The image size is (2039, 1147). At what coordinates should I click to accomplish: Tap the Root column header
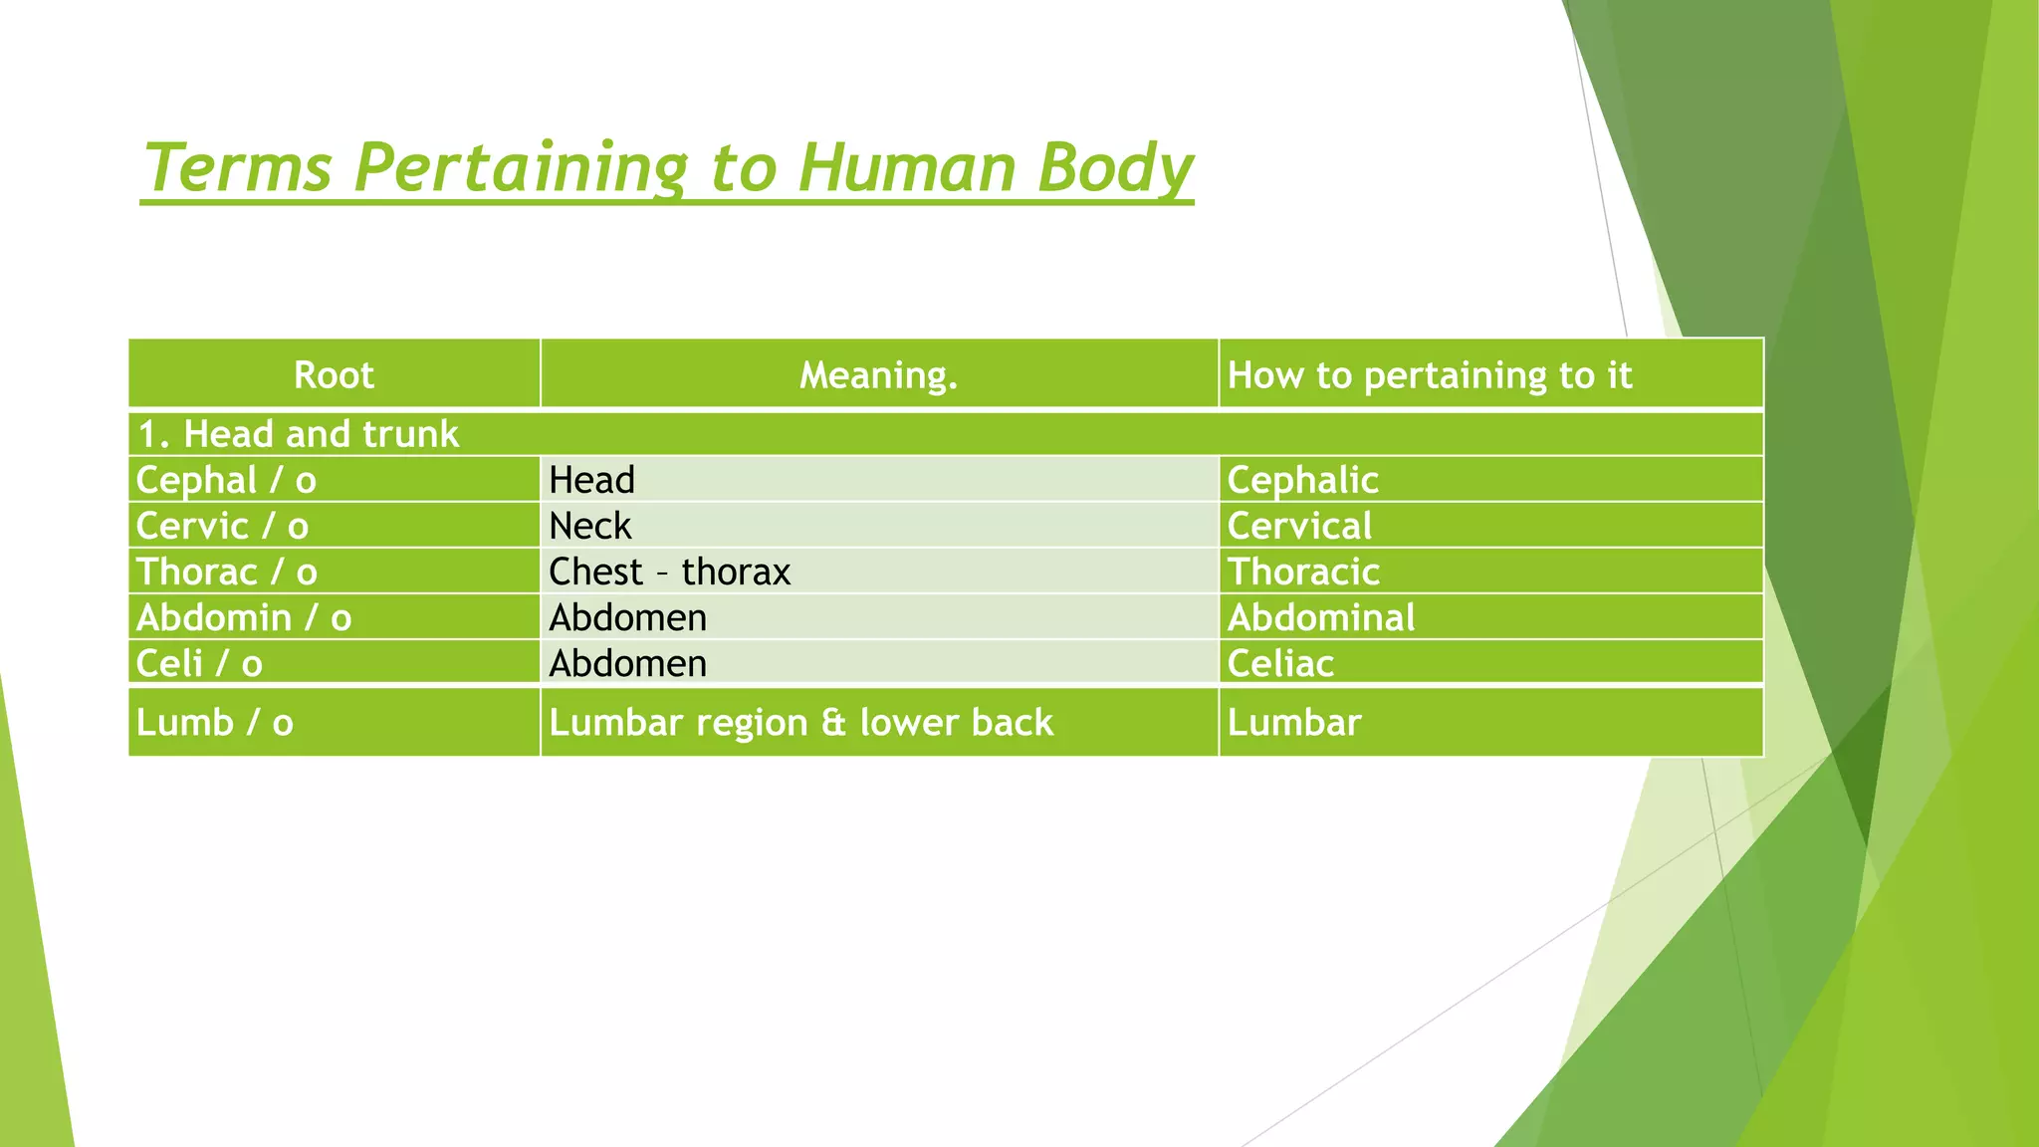pyautogui.click(x=334, y=375)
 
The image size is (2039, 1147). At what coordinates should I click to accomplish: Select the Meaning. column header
pyautogui.click(x=878, y=375)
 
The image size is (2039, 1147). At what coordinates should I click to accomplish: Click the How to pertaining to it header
pyautogui.click(x=1429, y=375)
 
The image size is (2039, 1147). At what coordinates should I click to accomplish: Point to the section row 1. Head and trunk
pyautogui.click(x=298, y=434)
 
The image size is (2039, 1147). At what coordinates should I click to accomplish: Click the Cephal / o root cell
pyautogui.click(x=226, y=480)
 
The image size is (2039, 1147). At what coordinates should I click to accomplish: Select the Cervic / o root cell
pyautogui.click(x=222, y=526)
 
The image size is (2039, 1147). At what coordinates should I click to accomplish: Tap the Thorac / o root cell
pyautogui.click(x=226, y=572)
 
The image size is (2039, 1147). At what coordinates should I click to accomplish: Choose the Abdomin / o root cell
pyautogui.click(x=244, y=617)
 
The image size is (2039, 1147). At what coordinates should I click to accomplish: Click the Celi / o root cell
pyautogui.click(x=199, y=663)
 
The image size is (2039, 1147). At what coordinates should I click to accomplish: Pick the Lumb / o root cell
pyautogui.click(x=215, y=722)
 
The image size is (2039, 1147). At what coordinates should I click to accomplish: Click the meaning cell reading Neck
pyautogui.click(x=590, y=526)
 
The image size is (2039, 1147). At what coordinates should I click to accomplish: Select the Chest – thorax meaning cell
pyautogui.click(x=669, y=572)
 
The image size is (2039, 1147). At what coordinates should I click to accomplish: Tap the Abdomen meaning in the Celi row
pyautogui.click(x=627, y=663)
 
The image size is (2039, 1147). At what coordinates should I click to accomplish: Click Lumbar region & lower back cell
pyautogui.click(x=800, y=722)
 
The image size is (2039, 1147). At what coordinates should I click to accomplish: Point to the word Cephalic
pyautogui.click(x=1302, y=480)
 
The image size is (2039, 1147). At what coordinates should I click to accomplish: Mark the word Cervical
pyautogui.click(x=1299, y=526)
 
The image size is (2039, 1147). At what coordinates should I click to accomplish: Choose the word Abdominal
pyautogui.click(x=1320, y=617)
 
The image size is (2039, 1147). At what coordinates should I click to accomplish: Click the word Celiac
pyautogui.click(x=1280, y=663)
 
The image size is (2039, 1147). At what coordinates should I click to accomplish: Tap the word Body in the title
pyautogui.click(x=1114, y=168)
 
